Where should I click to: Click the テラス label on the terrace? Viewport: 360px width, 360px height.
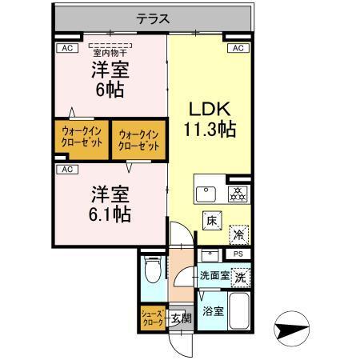[x=152, y=16]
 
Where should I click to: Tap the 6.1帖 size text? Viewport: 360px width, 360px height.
[x=110, y=214]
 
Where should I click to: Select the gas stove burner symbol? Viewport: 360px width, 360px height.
[x=237, y=194]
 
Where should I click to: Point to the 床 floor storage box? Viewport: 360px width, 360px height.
[x=212, y=218]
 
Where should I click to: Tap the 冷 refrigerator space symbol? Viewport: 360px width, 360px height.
[x=238, y=235]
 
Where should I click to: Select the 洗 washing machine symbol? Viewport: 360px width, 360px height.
[x=239, y=276]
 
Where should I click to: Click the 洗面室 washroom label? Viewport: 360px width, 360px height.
[x=214, y=276]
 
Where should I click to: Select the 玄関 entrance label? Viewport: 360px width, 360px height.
[x=182, y=318]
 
